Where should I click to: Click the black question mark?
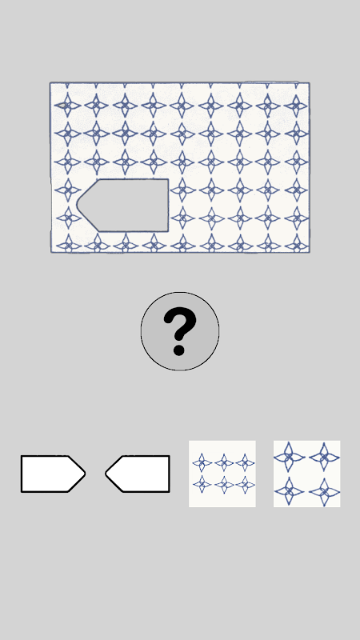(179, 331)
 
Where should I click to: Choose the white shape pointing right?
(53, 474)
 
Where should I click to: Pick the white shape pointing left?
(138, 474)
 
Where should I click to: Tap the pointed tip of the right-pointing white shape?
(85, 474)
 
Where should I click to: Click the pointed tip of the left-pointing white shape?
(106, 474)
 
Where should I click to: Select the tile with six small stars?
(222, 474)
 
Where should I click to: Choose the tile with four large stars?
(307, 474)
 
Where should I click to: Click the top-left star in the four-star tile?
(289, 457)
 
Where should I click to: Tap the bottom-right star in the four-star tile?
(324, 491)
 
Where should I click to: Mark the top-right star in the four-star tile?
(325, 457)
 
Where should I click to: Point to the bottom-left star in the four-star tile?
(289, 491)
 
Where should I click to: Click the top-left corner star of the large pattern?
(67, 106)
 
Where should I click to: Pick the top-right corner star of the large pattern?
(296, 106)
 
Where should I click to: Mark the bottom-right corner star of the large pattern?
(296, 246)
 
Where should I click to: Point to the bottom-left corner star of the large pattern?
(68, 246)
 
